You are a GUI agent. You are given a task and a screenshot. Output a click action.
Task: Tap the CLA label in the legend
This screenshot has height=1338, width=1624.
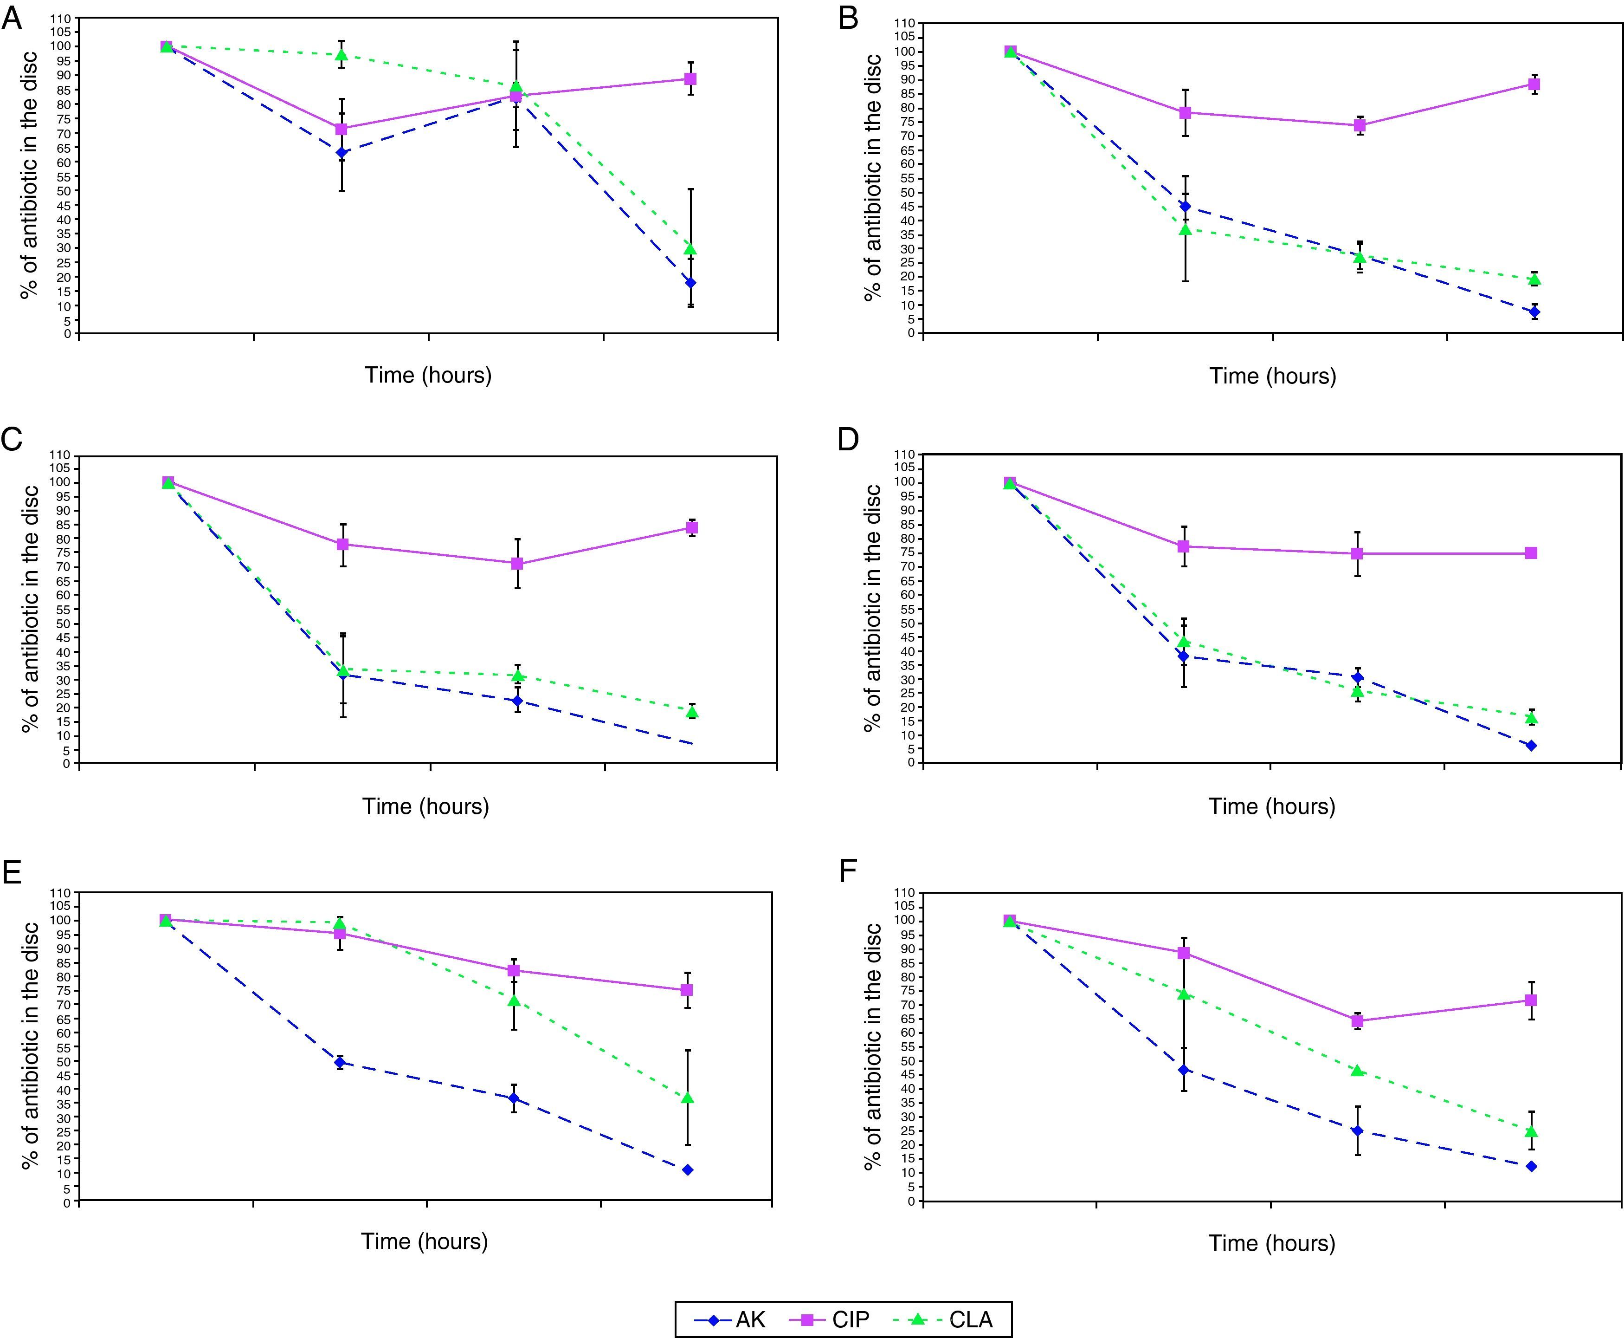tap(971, 1319)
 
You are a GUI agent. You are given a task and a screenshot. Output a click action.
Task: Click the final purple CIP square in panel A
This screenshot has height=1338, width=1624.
tap(691, 79)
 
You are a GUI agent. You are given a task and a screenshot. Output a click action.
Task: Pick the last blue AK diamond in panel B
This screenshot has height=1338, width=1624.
tap(1534, 312)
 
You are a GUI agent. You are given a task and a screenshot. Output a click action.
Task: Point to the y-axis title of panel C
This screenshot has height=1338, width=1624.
tap(30, 609)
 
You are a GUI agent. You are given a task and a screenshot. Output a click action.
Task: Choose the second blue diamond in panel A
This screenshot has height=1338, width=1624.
tap(342, 153)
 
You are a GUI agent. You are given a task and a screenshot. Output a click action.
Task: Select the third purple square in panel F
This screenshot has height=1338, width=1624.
tap(1358, 1021)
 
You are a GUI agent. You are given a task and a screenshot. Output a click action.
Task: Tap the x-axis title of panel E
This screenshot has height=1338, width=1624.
tap(425, 1241)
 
